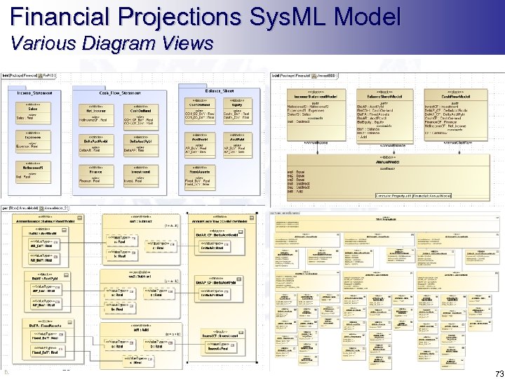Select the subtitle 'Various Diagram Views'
[x=112, y=44]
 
